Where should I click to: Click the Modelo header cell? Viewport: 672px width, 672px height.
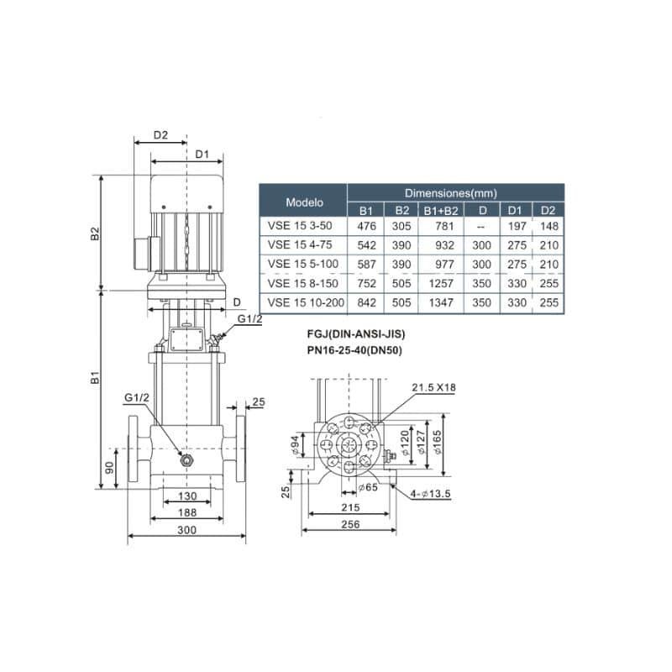303,202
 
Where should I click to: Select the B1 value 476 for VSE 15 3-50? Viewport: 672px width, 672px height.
366,226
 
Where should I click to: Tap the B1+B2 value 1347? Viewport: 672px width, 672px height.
441,302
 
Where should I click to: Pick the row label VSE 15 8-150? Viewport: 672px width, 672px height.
302,283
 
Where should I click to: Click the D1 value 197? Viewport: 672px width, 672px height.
517,226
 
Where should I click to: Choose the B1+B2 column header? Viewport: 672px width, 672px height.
440,211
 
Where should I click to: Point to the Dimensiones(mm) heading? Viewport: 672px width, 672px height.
451,193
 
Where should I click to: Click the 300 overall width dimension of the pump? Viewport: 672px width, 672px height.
186,530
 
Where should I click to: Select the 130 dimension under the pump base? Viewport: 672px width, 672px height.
187,496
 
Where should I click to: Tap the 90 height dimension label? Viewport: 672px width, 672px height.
110,467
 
